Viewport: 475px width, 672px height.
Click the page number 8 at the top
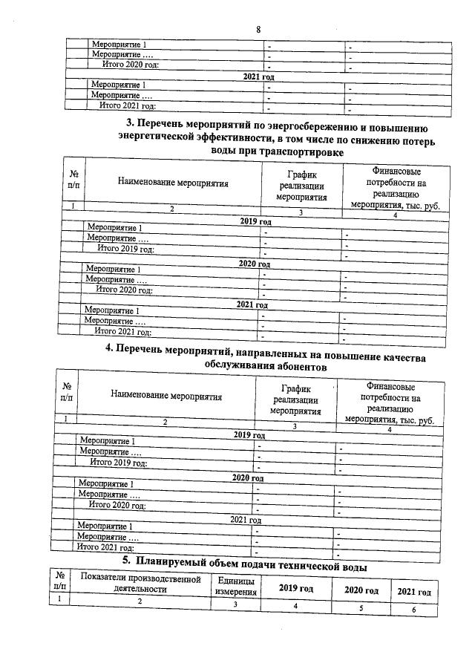[258, 30]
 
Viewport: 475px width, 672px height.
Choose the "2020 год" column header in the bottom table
[361, 590]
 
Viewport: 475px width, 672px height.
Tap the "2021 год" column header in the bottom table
[414, 592]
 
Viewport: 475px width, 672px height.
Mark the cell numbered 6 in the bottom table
[413, 610]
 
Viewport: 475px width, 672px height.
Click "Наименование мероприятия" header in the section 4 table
[166, 397]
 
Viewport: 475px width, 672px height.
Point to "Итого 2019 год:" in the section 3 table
[119, 249]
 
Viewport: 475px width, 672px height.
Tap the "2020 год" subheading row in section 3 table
[254, 264]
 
